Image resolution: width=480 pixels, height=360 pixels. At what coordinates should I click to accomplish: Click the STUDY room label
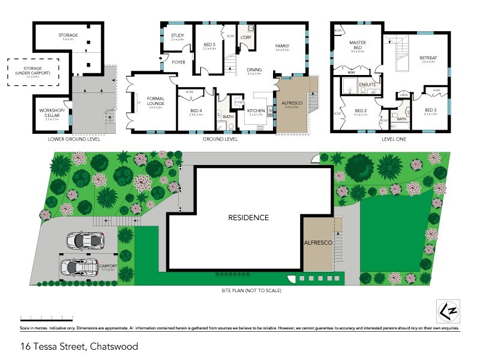(177, 36)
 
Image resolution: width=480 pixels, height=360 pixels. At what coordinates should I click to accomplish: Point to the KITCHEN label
(256, 111)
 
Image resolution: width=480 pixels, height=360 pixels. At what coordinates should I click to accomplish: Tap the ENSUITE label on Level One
(367, 85)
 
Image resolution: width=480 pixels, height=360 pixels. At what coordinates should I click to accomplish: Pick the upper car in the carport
(83, 240)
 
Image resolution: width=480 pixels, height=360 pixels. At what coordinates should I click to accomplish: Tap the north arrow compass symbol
(448, 310)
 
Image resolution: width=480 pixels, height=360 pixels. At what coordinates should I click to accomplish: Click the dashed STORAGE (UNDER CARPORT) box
(32, 72)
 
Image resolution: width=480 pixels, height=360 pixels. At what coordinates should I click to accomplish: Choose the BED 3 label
(431, 110)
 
